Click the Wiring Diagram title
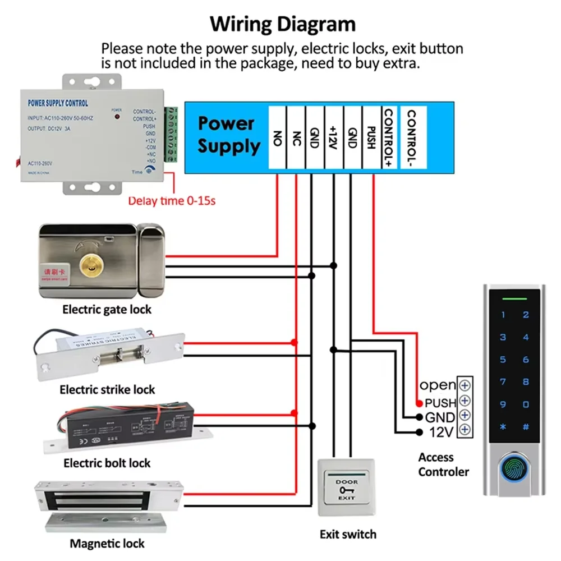pos(282,25)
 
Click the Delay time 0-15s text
pos(172,201)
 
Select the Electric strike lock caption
pos(107,389)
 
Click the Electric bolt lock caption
pos(107,463)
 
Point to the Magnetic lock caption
pos(107,543)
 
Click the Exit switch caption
pos(348,534)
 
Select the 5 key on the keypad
pos(503,360)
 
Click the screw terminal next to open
pos(465,385)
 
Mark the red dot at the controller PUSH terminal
pos(419,403)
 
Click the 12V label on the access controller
pos(441,432)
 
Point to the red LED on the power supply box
pos(117,117)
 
